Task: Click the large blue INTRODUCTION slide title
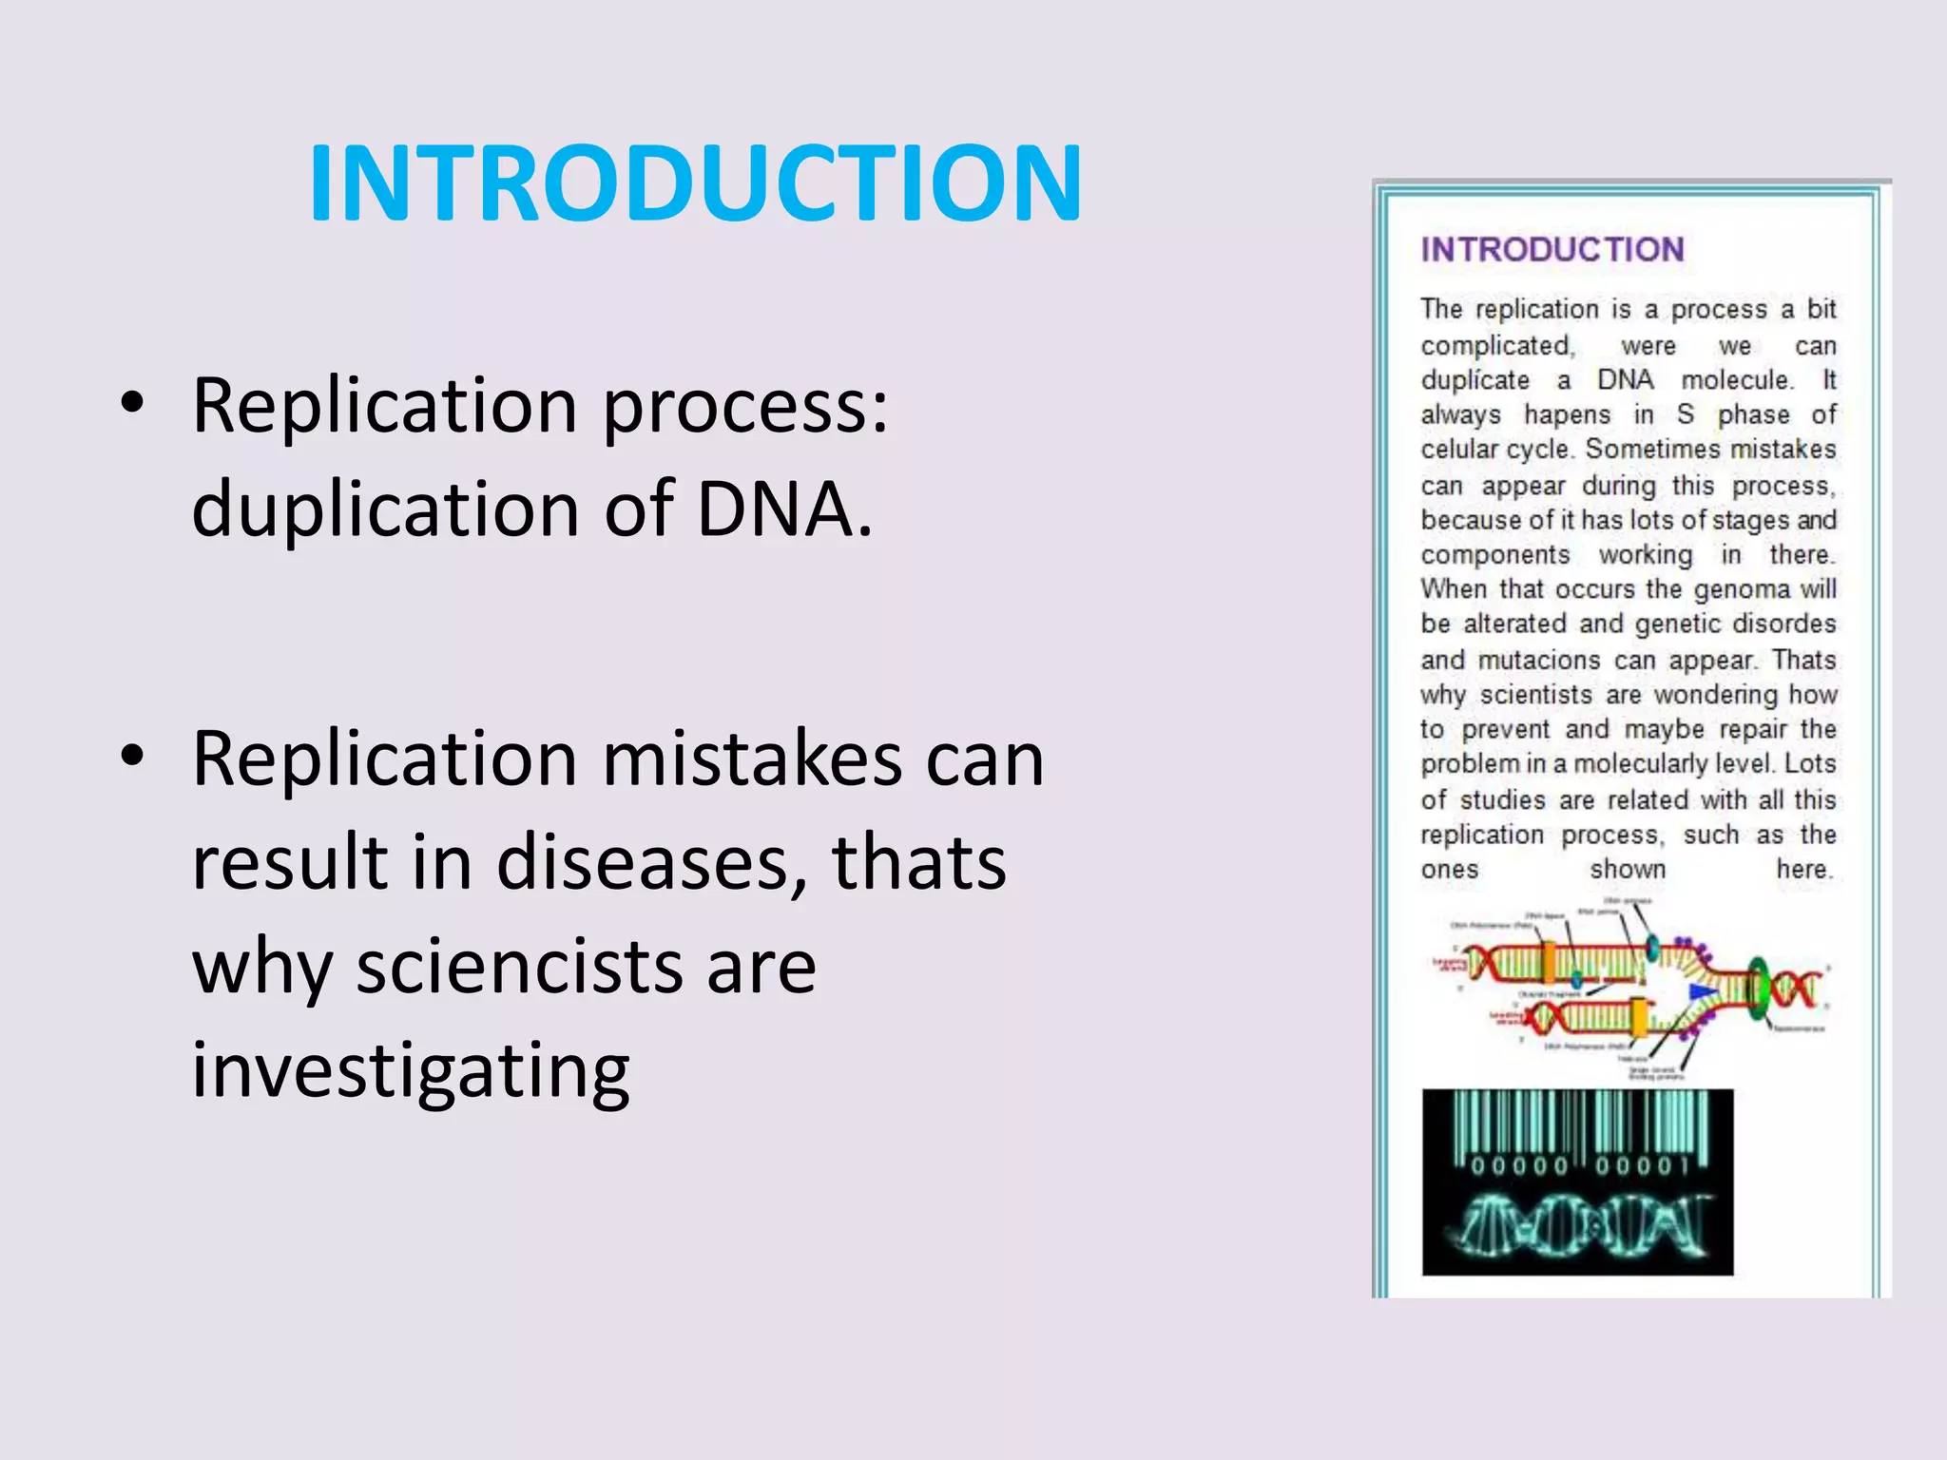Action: pos(695,183)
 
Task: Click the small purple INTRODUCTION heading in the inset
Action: pos(1552,250)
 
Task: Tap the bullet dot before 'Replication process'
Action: pos(132,403)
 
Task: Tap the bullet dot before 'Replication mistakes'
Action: pos(132,757)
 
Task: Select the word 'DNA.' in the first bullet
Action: pos(784,509)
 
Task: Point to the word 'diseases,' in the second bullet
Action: pos(652,863)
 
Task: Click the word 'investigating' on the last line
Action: pos(410,1070)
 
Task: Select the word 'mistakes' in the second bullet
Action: pos(751,759)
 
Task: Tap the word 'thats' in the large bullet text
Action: pos(918,863)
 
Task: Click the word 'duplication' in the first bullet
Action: pos(386,509)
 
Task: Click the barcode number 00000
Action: pos(1519,1166)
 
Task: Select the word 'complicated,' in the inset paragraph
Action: pos(1497,346)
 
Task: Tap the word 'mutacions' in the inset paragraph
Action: pos(1539,661)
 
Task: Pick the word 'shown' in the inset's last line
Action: pos(1628,870)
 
